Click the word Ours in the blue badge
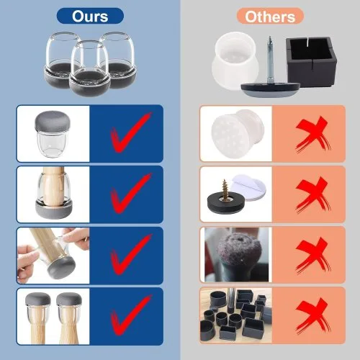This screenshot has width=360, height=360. [x=90, y=17]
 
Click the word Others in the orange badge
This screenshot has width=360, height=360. [x=270, y=17]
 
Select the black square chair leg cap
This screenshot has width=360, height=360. [x=312, y=62]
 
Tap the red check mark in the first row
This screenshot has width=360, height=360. [x=130, y=132]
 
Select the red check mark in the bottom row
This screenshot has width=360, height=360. [x=130, y=315]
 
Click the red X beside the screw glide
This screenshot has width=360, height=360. [x=312, y=195]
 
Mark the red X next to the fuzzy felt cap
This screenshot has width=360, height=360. [x=312, y=256]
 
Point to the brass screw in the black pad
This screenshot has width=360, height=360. [x=225, y=189]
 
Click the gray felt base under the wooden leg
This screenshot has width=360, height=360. [x=54, y=210]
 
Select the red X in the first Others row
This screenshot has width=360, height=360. [x=312, y=135]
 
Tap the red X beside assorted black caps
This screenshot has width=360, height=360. [x=312, y=315]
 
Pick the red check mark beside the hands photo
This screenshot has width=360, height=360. [x=130, y=254]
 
